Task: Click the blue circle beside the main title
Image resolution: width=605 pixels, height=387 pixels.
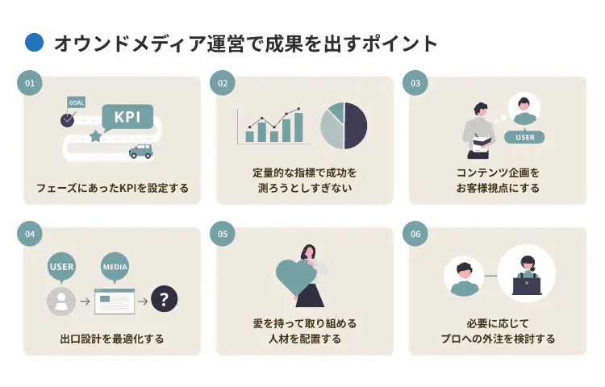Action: tap(35, 43)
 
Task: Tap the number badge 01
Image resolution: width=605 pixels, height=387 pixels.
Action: tap(30, 83)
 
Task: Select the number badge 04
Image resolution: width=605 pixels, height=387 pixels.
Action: tap(30, 234)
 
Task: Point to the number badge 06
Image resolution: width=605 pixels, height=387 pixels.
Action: tap(415, 234)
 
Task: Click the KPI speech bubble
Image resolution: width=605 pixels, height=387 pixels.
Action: tap(127, 117)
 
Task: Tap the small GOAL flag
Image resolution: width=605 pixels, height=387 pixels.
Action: tap(76, 102)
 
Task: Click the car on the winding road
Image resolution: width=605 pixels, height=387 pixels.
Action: tap(141, 151)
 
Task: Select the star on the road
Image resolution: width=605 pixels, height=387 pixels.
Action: tap(95, 135)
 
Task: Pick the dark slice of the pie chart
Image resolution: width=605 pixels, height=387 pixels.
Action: tap(356, 126)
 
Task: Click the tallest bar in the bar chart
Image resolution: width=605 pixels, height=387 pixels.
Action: tap(298, 127)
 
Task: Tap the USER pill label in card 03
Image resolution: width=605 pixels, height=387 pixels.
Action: tap(524, 137)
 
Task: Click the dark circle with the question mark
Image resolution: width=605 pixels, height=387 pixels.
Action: tap(165, 299)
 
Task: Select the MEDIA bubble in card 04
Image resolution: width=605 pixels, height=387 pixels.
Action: tap(115, 267)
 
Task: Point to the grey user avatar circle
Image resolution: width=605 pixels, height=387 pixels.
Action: tap(61, 301)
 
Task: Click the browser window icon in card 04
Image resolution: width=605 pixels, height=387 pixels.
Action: tap(115, 301)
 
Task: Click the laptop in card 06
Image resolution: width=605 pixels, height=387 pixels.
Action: tap(527, 286)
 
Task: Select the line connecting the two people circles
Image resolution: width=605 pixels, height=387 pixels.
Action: tap(490, 276)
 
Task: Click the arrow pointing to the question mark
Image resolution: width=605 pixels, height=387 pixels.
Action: tap(143, 301)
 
